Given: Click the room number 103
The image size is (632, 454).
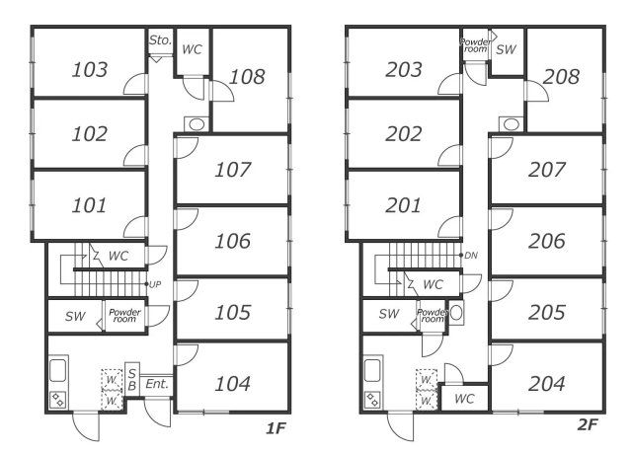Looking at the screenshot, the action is coord(90,69).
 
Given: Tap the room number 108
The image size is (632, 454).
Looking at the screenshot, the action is coord(247,77).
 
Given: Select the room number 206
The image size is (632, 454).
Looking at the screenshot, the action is coord(546,241).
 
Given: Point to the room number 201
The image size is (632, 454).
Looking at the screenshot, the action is coord(403,205).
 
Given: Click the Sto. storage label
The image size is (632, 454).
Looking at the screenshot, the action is coord(160,39).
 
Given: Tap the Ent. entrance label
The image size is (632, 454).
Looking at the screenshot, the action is coord(157,384).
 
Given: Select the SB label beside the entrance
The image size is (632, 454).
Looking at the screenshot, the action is coord(131,380).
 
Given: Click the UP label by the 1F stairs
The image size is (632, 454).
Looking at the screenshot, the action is coord(155,284).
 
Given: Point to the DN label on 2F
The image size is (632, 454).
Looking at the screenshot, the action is coord(471,256).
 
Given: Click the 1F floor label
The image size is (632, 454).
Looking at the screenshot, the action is coord(276,428).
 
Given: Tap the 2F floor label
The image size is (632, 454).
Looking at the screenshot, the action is coord(588,424).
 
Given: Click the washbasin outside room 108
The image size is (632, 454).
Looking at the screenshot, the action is coord(197,124).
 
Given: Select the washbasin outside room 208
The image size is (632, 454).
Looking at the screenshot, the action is coord(512,124).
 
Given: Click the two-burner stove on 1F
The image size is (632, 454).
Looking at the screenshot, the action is coord(58,401).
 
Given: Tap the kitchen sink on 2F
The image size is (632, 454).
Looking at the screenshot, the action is coord(373,371).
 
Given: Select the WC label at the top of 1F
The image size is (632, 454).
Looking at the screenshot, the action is coord(192,49).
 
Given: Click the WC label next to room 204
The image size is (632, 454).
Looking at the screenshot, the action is coord(464,399).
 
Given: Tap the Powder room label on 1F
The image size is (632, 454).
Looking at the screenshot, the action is coord(124,316).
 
